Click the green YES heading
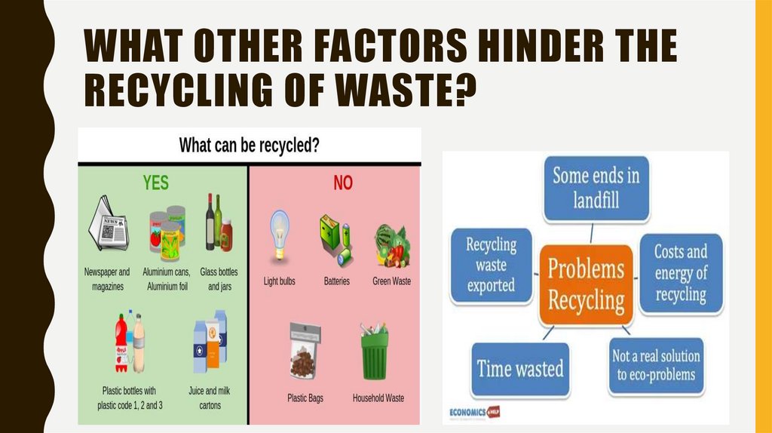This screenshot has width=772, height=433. tap(156, 183)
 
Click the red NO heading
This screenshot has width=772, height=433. tap(343, 183)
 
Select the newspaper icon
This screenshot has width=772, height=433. tap(107, 224)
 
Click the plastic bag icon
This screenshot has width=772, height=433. tap(305, 351)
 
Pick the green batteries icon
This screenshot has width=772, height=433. tap(335, 238)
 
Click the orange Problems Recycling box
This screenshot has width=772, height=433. tap(586, 284)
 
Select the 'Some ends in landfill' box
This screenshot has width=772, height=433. tap(596, 188)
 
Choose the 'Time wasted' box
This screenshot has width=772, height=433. tap(520, 369)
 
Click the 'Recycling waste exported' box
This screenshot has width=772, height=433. tap(490, 265)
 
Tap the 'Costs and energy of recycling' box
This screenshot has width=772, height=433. tap(680, 272)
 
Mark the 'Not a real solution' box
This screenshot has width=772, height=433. tap(655, 366)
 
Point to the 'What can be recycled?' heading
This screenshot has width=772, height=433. tap(249, 146)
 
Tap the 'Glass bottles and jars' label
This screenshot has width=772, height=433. tap(219, 279)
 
